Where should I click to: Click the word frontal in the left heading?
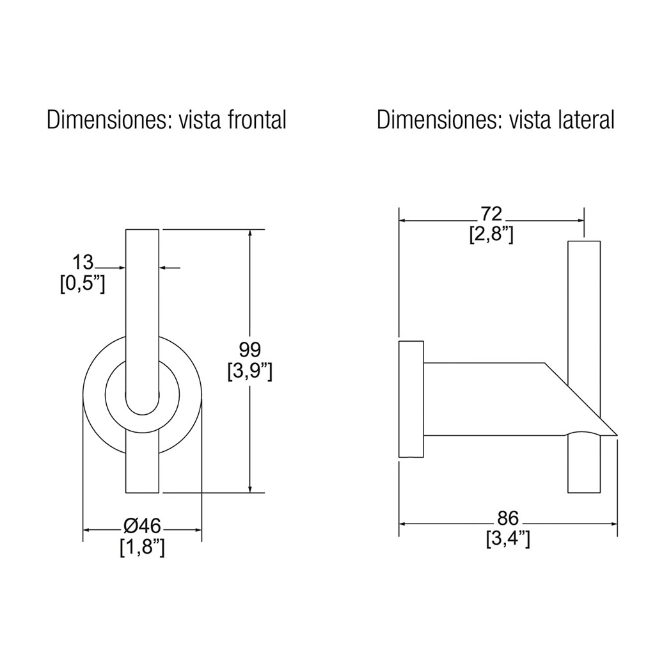[x=257, y=120]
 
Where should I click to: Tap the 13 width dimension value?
[x=83, y=262]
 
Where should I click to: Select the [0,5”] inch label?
[x=83, y=284]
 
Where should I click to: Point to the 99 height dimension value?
[x=250, y=349]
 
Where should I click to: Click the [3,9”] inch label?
[x=250, y=371]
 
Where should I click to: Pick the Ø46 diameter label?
[x=142, y=526]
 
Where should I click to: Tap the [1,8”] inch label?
[x=142, y=547]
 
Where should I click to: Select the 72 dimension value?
[x=491, y=214]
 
